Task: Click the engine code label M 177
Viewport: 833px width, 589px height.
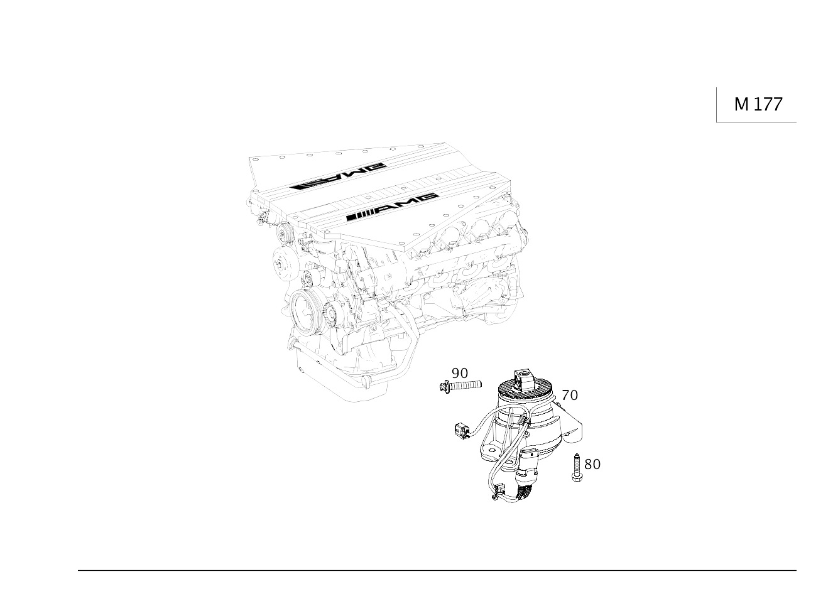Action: [x=758, y=104]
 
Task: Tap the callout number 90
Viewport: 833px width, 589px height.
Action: [x=460, y=373]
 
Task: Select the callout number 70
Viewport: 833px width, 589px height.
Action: [x=570, y=395]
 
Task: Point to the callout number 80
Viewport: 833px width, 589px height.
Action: [x=592, y=464]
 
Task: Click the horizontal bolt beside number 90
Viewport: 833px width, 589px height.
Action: [x=460, y=386]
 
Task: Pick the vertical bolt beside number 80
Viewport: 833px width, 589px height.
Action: [x=577, y=468]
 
